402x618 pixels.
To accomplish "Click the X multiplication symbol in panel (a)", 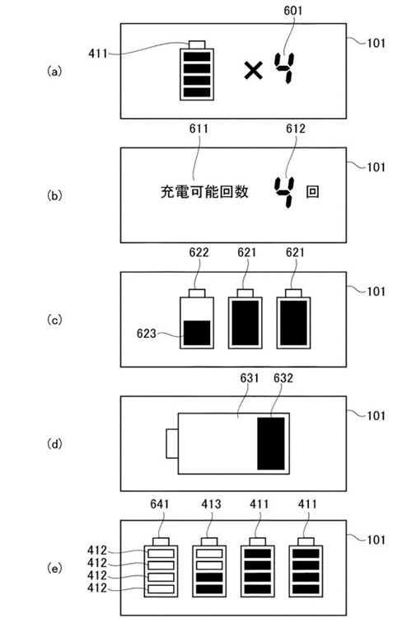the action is coord(253,71).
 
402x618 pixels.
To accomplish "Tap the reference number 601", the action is coord(293,11).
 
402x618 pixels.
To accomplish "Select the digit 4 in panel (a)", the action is coord(284,68).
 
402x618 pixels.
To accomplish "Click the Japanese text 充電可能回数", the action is coord(204,192).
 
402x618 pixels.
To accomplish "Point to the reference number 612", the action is coord(296,129).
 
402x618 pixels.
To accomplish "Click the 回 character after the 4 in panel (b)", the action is coord(312,192).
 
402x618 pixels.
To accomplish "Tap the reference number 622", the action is coord(199,253).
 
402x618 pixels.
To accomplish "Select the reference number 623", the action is coord(147,334).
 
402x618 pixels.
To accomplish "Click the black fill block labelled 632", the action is coord(271,443).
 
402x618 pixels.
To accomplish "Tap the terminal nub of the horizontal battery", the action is coord(172,444).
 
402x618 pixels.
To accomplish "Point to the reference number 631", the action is coord(250,378).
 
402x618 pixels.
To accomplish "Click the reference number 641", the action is coord(160,504).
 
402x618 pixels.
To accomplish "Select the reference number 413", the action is coord(211,504).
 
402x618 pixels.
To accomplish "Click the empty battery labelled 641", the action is coord(161,567).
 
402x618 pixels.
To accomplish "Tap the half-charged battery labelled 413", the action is coord(209,567).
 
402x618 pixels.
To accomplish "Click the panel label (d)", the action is coord(54,444).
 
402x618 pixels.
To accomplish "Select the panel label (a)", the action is coord(54,72).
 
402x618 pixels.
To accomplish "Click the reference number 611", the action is coord(199,129).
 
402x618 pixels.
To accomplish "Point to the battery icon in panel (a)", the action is coord(197,71).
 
